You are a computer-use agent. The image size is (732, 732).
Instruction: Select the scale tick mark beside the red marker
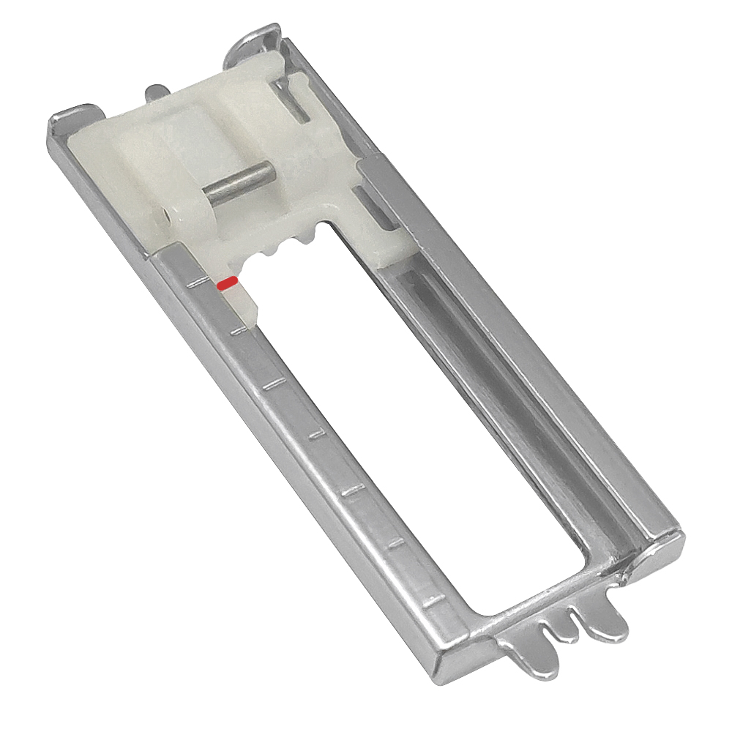tap(196, 282)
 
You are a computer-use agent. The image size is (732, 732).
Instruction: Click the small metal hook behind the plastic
tap(155, 93)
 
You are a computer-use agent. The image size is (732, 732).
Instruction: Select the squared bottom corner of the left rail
tap(447, 662)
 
